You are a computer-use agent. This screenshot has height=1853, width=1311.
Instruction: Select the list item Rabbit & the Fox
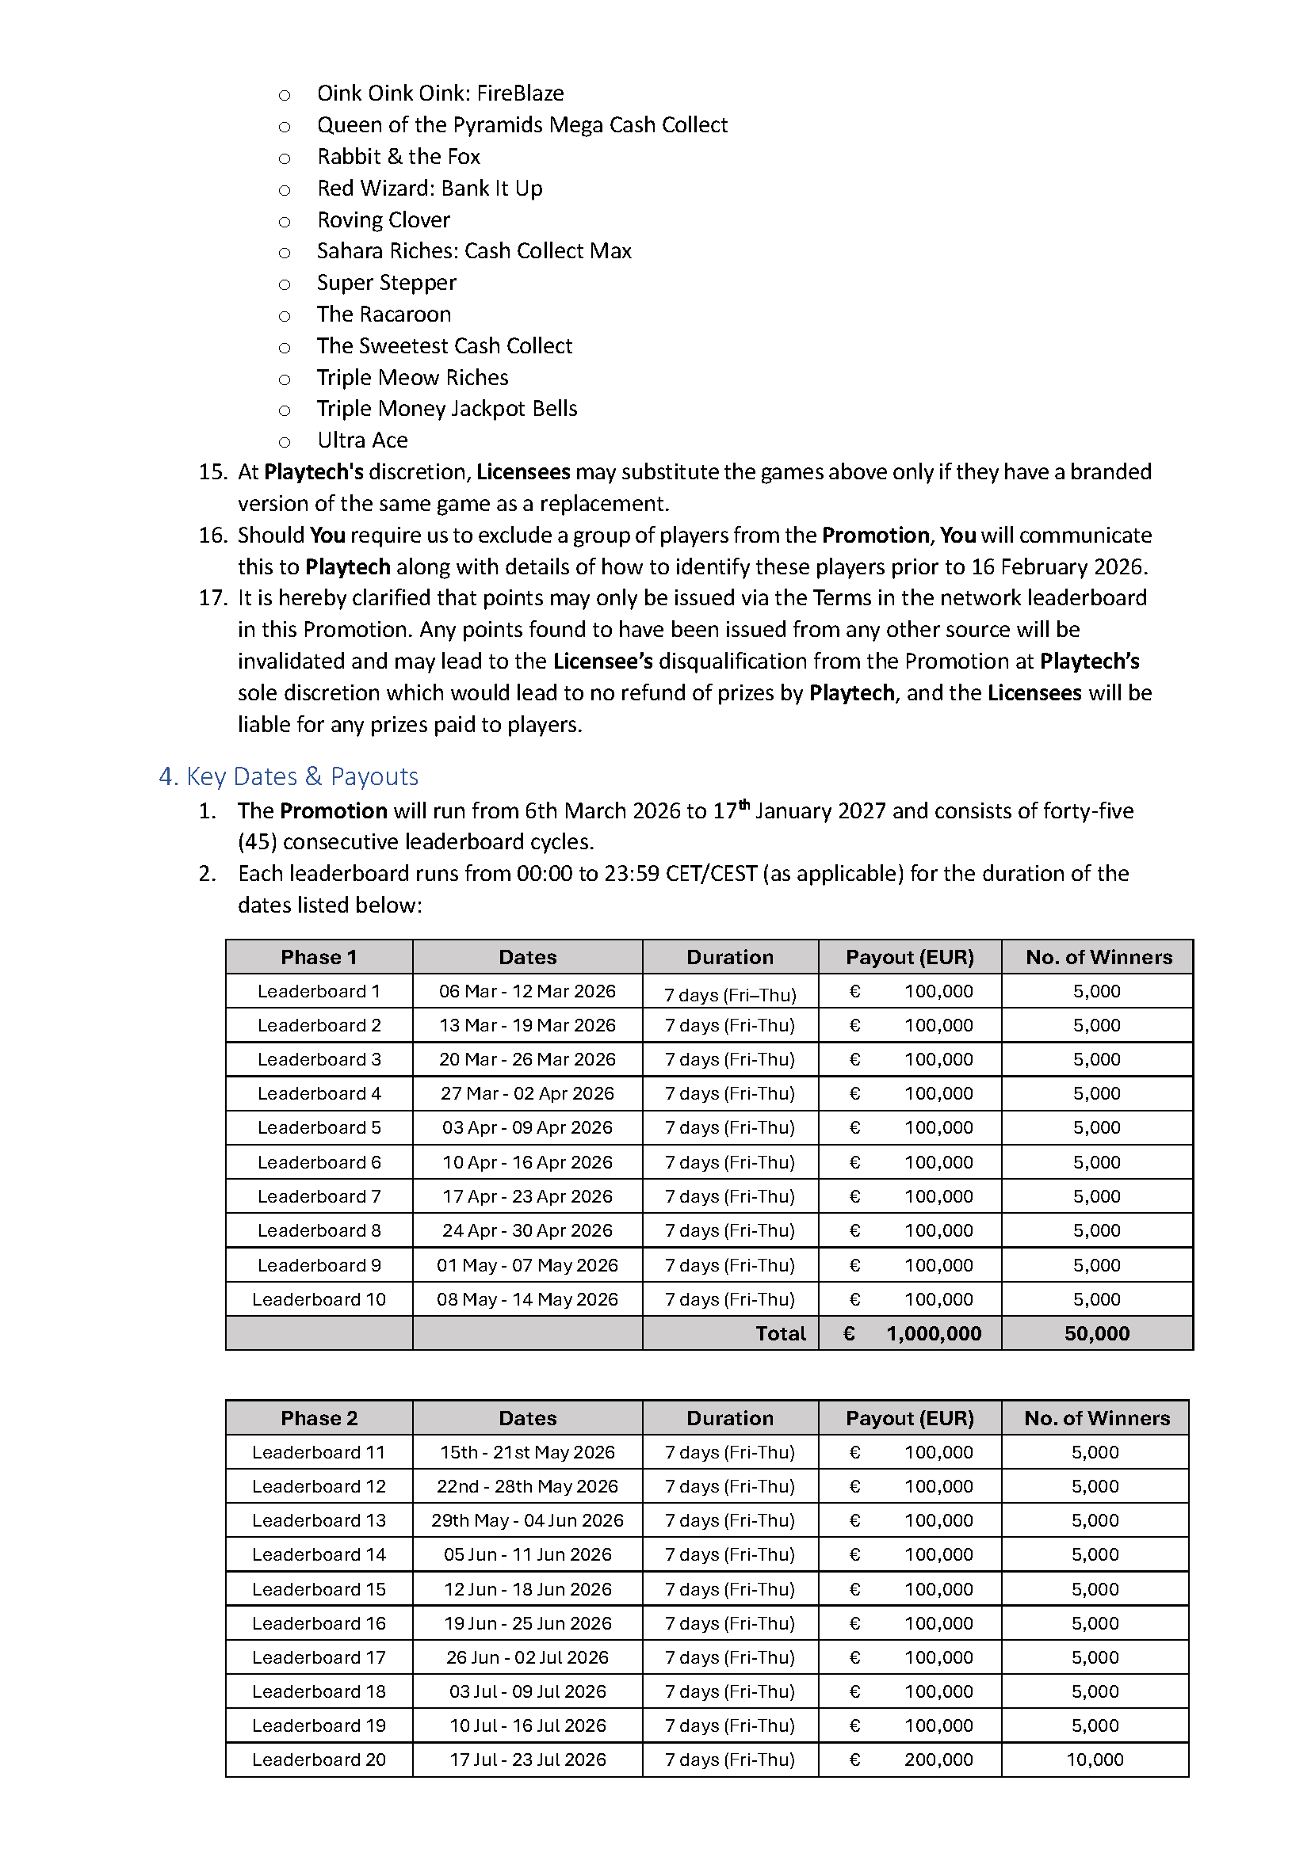click(398, 157)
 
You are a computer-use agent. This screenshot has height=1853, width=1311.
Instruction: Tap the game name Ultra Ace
click(362, 440)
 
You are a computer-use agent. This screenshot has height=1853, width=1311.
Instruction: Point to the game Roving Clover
click(384, 219)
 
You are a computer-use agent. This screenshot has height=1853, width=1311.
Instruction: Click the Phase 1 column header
click(318, 957)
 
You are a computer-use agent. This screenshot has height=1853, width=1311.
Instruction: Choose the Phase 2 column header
click(318, 1418)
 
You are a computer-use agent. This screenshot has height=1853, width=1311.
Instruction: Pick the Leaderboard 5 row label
click(318, 1127)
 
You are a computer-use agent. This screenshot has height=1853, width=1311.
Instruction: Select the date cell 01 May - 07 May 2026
click(527, 1264)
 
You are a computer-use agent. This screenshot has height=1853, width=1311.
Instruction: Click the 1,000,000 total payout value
click(933, 1333)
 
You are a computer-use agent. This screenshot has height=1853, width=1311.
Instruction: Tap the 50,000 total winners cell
click(1096, 1333)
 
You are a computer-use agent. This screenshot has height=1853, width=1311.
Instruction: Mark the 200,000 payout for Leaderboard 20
click(938, 1760)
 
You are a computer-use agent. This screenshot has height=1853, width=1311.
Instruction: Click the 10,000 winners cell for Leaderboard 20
click(1095, 1760)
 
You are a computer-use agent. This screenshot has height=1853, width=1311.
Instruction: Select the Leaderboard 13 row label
click(318, 1520)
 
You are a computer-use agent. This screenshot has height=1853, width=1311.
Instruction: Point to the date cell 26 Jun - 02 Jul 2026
click(527, 1657)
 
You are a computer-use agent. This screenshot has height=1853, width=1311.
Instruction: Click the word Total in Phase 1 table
click(780, 1333)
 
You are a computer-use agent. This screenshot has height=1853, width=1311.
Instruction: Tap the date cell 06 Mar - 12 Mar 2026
click(527, 991)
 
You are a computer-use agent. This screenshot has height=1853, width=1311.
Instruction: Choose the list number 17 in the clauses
click(213, 598)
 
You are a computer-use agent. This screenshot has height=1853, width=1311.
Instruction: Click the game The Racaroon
click(384, 314)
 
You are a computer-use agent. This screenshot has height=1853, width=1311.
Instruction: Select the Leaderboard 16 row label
click(318, 1623)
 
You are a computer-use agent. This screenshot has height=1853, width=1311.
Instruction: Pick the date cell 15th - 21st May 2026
click(527, 1452)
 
